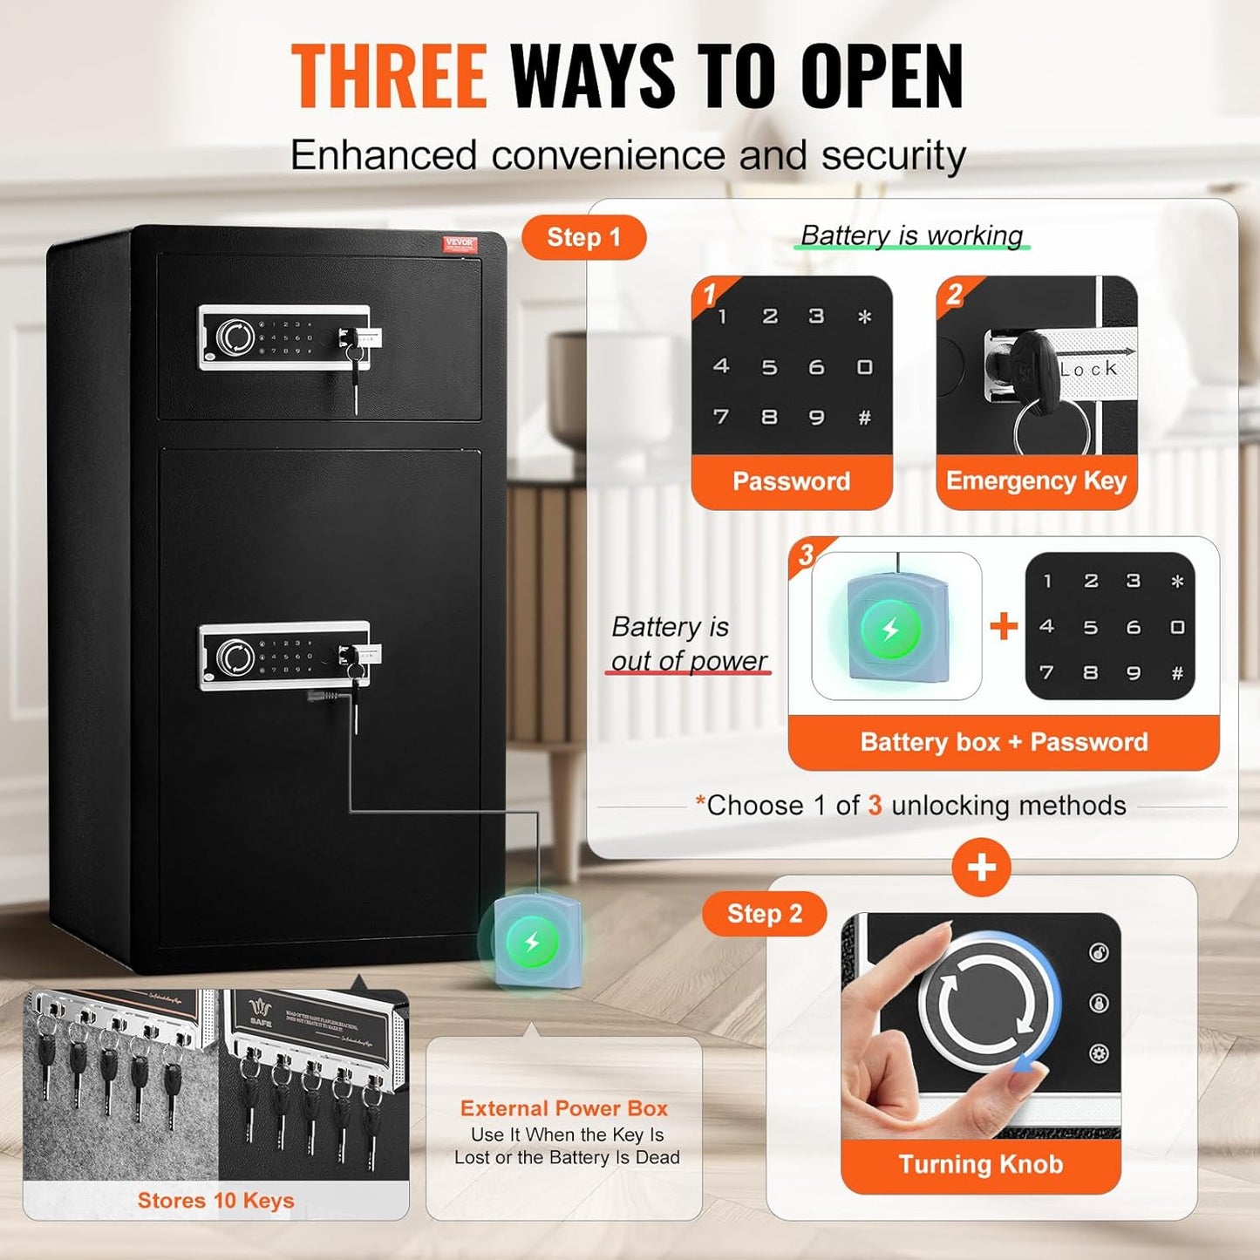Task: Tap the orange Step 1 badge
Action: click(x=583, y=237)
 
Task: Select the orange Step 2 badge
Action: click(x=764, y=914)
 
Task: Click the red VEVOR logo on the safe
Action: click(x=460, y=243)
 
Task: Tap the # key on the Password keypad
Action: click(x=864, y=418)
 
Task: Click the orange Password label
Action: click(x=791, y=481)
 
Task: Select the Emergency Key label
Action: click(x=1036, y=481)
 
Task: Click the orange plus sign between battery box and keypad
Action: click(x=1004, y=626)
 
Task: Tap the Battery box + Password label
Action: click(x=1004, y=742)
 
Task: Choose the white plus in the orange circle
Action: click(x=982, y=868)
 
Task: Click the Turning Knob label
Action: click(x=981, y=1165)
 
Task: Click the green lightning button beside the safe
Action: click(x=532, y=942)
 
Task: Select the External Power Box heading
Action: click(x=564, y=1108)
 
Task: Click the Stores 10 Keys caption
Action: click(x=215, y=1201)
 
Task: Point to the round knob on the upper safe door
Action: click(x=235, y=337)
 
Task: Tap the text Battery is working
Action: click(x=911, y=235)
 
